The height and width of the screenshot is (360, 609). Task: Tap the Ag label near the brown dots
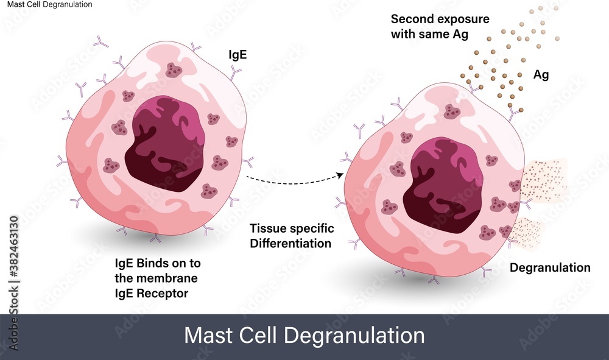click(x=541, y=75)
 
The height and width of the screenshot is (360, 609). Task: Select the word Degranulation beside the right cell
click(x=549, y=268)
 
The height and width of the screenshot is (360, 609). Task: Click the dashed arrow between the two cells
click(x=292, y=179)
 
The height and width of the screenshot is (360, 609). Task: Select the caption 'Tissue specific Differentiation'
click(x=292, y=236)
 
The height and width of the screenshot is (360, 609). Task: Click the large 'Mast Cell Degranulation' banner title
click(x=304, y=336)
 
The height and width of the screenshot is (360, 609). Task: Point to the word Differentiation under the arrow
click(x=290, y=243)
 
